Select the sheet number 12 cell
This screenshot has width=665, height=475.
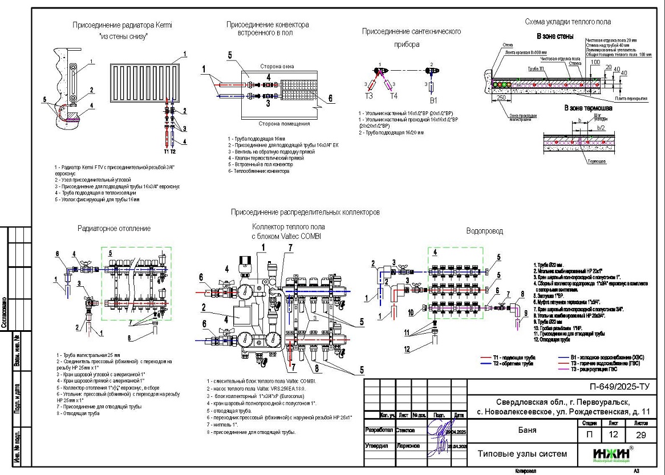(x=613, y=435)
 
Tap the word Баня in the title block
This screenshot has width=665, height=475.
(x=527, y=430)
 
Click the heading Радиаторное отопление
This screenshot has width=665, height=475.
(x=114, y=229)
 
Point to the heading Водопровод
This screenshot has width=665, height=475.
(x=485, y=232)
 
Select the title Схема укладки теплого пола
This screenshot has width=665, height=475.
(x=567, y=22)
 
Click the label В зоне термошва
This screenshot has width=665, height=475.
(x=588, y=108)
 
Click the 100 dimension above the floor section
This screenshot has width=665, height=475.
(x=595, y=62)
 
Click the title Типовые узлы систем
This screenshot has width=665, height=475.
(x=523, y=454)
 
